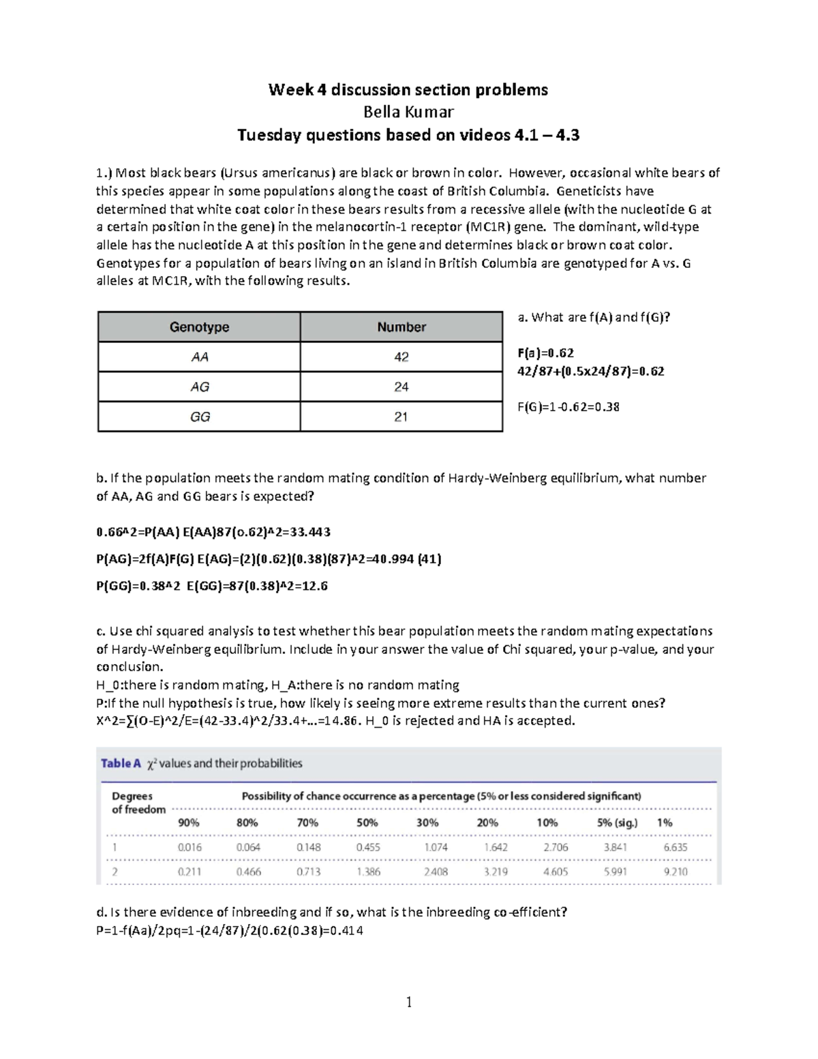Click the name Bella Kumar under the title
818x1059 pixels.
coord(408,112)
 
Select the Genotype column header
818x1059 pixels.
coord(199,327)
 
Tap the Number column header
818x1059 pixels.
coord(402,327)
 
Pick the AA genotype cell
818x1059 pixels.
coord(199,357)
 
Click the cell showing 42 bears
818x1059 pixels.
coord(402,357)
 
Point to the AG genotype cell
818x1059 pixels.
coord(199,387)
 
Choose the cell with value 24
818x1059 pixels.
coord(402,387)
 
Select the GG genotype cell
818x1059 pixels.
coord(199,417)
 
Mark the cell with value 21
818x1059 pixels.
coord(402,417)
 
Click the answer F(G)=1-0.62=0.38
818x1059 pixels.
coord(569,407)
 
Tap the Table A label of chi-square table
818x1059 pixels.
coord(121,764)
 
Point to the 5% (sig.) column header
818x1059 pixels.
coord(617,823)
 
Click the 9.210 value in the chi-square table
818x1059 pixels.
coord(675,872)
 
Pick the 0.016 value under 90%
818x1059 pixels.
coord(190,848)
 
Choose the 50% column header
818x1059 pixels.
coord(367,823)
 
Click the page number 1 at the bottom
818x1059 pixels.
coord(409,1002)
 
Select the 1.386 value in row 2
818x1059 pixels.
coord(368,872)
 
